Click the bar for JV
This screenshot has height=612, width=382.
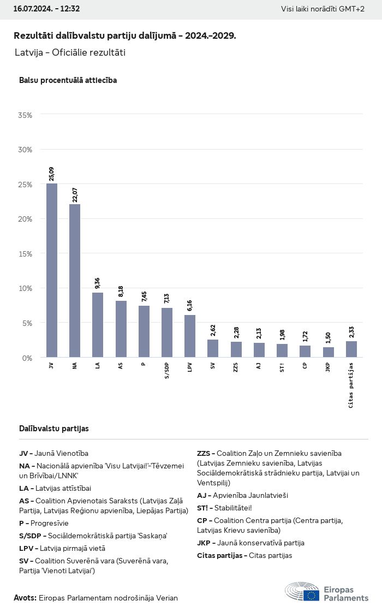tap(51, 270)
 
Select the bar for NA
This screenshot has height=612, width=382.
tap(75, 281)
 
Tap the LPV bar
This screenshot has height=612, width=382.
tap(190, 336)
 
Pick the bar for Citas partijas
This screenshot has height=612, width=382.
tap(351, 349)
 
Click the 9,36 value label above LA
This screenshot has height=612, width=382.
tap(97, 283)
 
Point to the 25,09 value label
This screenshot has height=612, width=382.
tap(51, 174)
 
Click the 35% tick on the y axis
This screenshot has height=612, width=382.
tap(25, 115)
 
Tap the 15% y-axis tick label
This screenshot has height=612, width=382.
tap(25, 254)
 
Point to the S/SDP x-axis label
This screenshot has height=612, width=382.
tap(166, 370)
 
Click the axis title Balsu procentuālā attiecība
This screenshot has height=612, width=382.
tap(68, 80)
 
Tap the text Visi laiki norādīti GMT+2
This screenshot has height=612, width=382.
tap(323, 9)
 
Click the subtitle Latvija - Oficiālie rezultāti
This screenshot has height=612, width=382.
tap(70, 53)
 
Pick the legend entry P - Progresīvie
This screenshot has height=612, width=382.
tap(44, 523)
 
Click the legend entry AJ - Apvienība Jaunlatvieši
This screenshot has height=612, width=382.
tap(242, 495)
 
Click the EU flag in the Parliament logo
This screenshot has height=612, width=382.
tap(312, 595)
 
